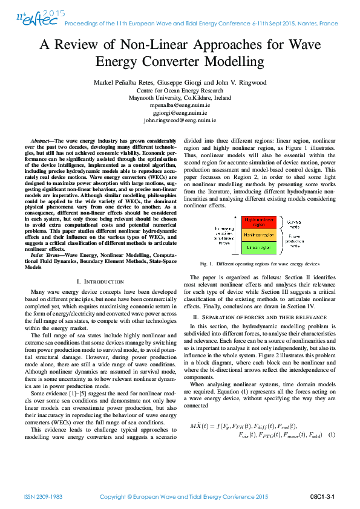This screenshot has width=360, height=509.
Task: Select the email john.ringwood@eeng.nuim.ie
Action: pyautogui.click(x=179, y=121)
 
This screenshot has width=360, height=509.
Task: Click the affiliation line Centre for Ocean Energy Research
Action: pyautogui.click(x=179, y=90)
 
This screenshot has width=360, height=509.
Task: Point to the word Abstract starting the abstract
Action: pyautogui.click(x=42, y=140)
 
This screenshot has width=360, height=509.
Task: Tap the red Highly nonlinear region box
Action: pyautogui.click(x=259, y=222)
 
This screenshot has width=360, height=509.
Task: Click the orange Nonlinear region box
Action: pyautogui.click(x=259, y=234)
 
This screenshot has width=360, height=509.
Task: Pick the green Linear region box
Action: pyautogui.click(x=259, y=247)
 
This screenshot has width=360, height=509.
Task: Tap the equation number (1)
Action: pyautogui.click(x=332, y=435)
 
